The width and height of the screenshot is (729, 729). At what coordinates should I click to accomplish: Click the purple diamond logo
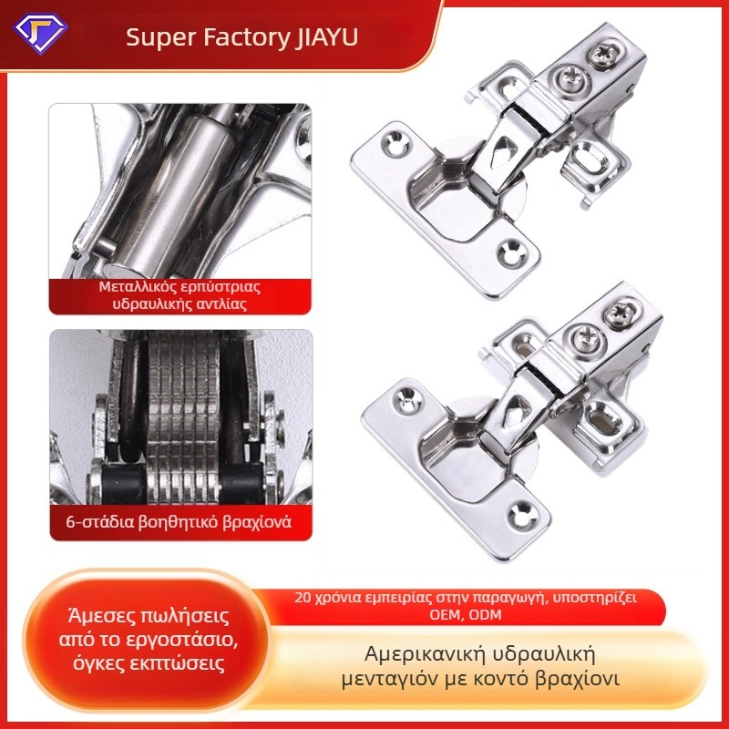[41, 34]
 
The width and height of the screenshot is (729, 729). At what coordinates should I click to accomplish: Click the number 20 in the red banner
[303, 598]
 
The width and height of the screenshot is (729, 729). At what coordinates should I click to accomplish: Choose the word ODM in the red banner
[485, 614]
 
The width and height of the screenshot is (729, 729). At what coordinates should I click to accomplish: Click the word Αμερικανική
[420, 654]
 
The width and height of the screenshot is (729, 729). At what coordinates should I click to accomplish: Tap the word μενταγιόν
[391, 680]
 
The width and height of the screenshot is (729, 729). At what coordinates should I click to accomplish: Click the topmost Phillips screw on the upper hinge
[605, 54]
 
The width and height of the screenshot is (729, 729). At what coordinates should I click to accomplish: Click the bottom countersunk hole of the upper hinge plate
[513, 253]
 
